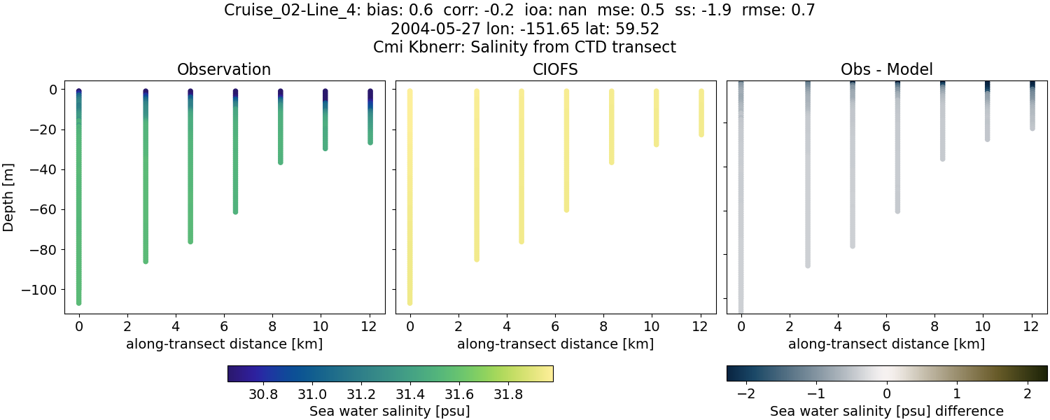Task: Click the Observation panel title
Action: click(x=224, y=69)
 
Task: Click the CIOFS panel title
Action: click(x=556, y=69)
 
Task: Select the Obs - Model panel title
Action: click(x=887, y=69)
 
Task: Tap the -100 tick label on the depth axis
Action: click(x=44, y=290)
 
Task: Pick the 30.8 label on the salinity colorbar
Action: click(x=263, y=394)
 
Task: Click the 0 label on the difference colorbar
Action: click(x=887, y=394)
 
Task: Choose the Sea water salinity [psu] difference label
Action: click(x=887, y=411)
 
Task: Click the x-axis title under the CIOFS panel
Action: click(x=556, y=344)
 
